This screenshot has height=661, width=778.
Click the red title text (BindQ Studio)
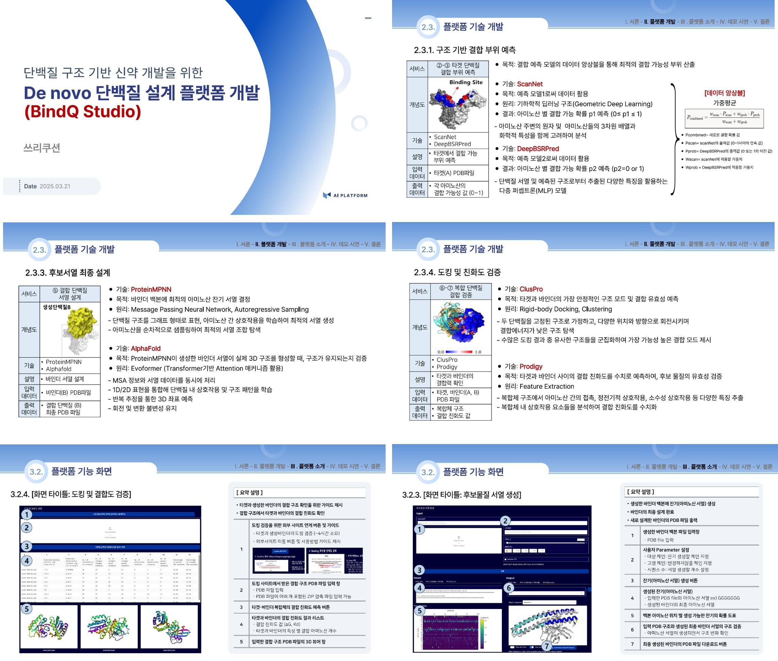[x=82, y=112]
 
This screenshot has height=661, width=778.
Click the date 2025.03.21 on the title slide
[x=55, y=186]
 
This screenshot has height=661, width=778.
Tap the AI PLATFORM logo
[x=345, y=195]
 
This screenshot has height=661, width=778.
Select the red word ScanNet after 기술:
[x=529, y=84]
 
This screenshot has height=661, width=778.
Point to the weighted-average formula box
[x=724, y=118]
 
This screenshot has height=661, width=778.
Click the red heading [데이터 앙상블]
[x=724, y=93]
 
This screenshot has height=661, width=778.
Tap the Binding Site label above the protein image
[x=466, y=82]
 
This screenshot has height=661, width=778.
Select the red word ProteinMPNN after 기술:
[x=151, y=289]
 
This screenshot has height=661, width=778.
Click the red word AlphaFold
[x=146, y=349]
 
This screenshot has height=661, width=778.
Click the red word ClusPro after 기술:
[x=531, y=289]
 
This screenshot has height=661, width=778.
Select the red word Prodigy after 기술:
[x=531, y=367]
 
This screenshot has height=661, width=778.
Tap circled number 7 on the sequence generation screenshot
[x=547, y=646]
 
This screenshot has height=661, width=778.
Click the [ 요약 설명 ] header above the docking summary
[x=249, y=492]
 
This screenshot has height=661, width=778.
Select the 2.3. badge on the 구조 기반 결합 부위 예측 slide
[x=428, y=27]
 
